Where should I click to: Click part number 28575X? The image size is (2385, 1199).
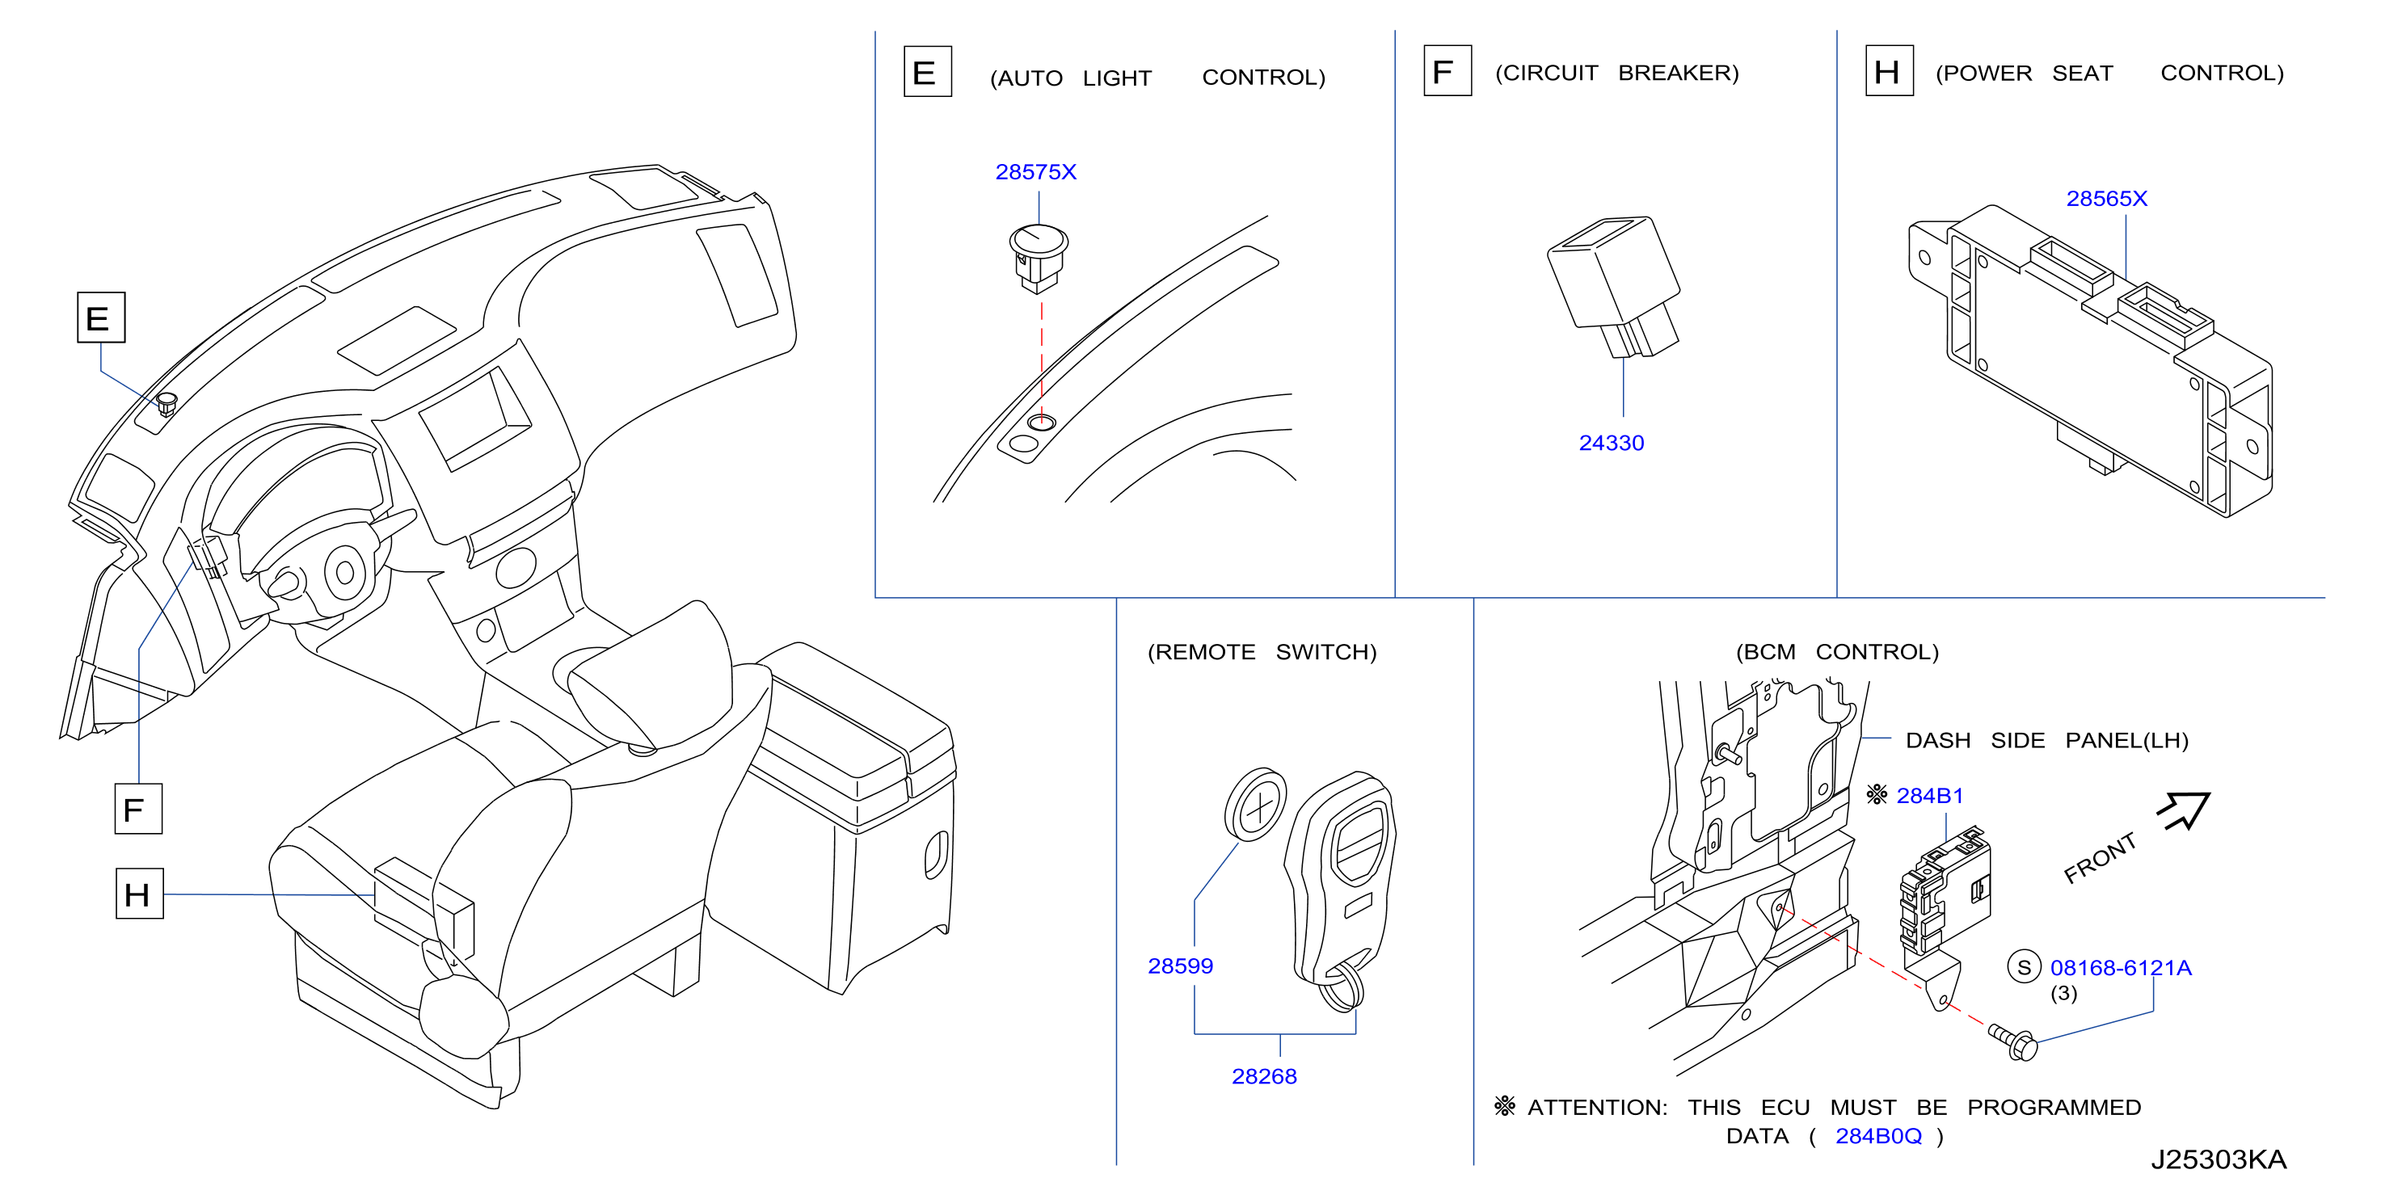[1035, 172]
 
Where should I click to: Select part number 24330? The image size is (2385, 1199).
[1611, 444]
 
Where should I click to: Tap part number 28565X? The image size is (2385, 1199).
[2106, 199]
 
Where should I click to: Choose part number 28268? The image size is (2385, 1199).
[1264, 1077]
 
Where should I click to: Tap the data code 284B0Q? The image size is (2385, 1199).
[1878, 1136]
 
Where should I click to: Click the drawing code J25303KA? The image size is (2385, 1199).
[2219, 1160]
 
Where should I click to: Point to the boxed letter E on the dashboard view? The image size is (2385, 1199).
[101, 318]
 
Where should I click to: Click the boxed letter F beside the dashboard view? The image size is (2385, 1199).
[138, 810]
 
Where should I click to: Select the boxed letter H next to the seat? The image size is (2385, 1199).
[140, 894]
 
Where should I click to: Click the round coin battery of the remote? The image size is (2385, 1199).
[1255, 805]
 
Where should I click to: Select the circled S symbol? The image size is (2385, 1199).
[2024, 968]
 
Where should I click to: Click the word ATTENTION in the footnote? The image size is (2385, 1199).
[1597, 1109]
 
